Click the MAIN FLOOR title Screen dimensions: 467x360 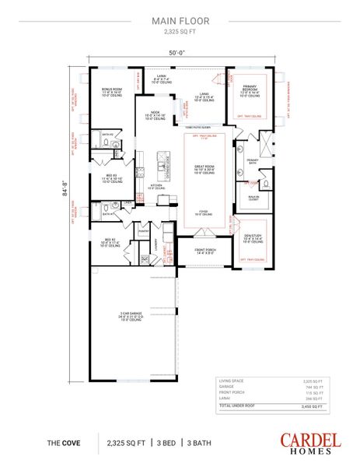pos(180,23)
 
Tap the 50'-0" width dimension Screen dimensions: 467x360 pos(180,54)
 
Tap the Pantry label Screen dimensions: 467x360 pos(143,231)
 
